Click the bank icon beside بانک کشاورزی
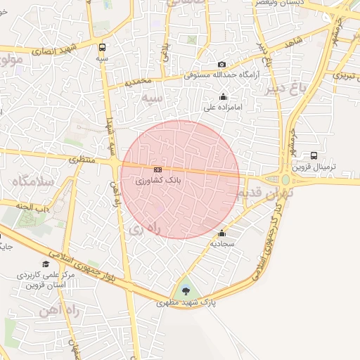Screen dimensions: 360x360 [x=157, y=170]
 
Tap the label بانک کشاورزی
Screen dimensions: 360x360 [x=158, y=181]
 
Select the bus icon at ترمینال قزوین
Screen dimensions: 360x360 [x=314, y=156]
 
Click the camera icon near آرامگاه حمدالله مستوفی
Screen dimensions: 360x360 [x=222, y=65]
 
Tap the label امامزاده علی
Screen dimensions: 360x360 [x=223, y=108]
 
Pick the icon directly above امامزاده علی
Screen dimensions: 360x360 [x=224, y=97]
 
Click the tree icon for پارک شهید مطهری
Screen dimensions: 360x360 [x=186, y=291]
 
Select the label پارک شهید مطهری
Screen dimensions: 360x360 [x=186, y=303]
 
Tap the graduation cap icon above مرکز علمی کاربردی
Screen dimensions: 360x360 [x=46, y=264]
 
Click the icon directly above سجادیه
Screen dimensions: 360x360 [x=222, y=233]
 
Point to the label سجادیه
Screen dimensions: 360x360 [x=222, y=244]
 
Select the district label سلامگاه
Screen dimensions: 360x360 [x=32, y=181]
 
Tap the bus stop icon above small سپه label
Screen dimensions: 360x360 [x=103, y=48]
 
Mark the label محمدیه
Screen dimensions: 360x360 [x=139, y=82]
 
